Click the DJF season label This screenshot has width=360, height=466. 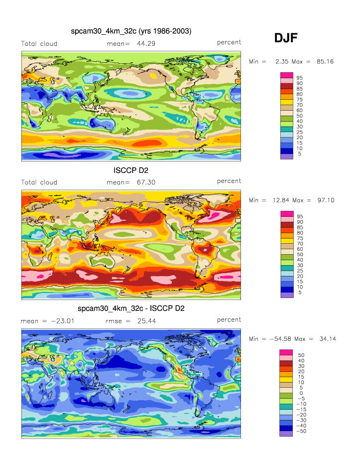(286, 38)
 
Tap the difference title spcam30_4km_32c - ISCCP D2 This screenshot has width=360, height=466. (131, 309)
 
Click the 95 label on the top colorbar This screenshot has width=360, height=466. (300, 78)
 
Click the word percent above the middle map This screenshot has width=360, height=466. (229, 181)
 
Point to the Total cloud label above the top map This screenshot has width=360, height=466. (39, 44)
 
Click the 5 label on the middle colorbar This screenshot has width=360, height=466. (300, 293)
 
